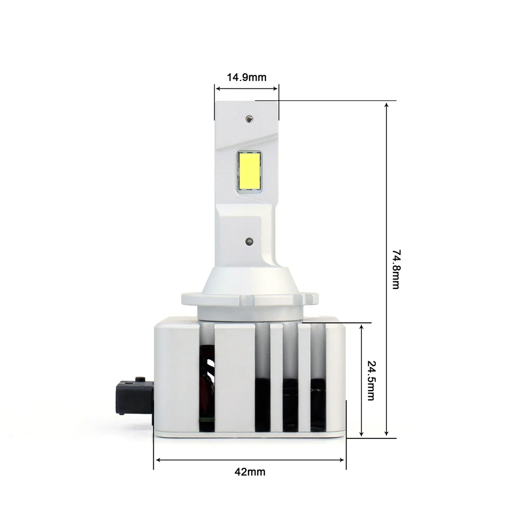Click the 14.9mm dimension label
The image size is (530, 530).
[246, 77]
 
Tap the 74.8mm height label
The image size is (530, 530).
[396, 269]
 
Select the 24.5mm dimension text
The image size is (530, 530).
[371, 381]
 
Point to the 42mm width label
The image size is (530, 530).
[250, 472]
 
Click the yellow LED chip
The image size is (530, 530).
[250, 171]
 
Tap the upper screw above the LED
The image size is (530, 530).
[249, 119]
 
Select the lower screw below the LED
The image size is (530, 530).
[249, 241]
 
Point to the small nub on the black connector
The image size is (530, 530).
[140, 379]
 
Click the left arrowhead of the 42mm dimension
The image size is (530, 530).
[158, 460]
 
